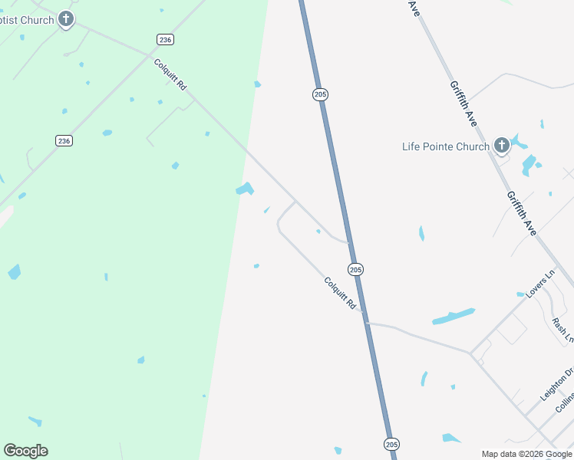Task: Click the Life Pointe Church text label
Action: (446, 146)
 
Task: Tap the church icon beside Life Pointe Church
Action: (501, 145)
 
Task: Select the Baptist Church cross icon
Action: (66, 19)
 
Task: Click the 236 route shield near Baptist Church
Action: (164, 39)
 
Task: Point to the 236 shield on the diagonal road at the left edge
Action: (64, 140)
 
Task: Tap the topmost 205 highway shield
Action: (320, 94)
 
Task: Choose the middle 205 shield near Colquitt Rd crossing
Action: (355, 269)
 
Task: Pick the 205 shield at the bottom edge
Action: (391, 444)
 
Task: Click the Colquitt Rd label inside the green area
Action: (170, 75)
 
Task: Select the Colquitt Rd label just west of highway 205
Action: (341, 294)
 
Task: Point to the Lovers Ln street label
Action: (540, 284)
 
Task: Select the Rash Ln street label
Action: (563, 328)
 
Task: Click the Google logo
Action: (25, 451)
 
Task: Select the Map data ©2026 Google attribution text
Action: (526, 454)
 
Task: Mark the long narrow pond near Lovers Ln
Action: (453, 316)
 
